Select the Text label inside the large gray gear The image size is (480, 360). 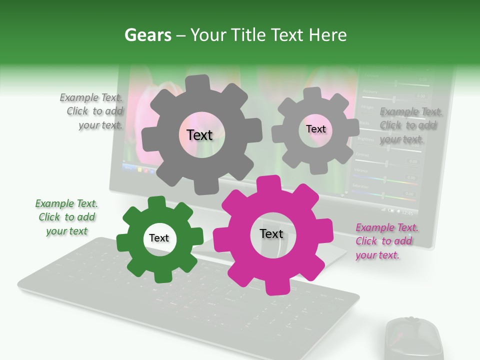[199, 135]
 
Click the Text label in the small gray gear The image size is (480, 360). [315, 129]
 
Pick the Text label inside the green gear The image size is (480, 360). [159, 238]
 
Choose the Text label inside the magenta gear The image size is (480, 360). [271, 234]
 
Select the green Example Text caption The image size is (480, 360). [66, 217]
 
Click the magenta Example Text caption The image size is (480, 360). [387, 241]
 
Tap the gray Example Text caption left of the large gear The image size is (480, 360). [91, 111]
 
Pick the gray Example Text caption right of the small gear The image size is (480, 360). [410, 125]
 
